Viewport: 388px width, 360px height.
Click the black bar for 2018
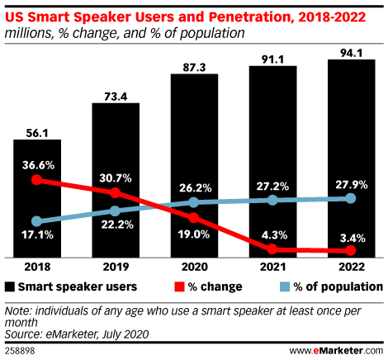click(37, 198)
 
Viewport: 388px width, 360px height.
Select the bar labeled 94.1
click(352, 159)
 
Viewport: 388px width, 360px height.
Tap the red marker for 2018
click(36, 180)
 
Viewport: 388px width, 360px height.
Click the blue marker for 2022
click(351, 198)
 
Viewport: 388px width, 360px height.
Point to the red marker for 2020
click(194, 218)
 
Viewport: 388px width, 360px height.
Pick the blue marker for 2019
click(115, 211)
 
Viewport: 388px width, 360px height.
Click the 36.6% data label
click(38, 165)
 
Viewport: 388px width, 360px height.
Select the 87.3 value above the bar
click(194, 68)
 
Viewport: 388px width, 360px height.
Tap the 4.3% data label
click(274, 235)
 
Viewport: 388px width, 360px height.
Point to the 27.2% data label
click(272, 187)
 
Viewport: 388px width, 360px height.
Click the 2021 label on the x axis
click(272, 267)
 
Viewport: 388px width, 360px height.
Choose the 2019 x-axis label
click(116, 267)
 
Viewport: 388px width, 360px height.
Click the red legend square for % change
click(179, 287)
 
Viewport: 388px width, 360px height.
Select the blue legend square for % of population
click(285, 287)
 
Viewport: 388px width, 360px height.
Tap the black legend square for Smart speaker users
click(10, 287)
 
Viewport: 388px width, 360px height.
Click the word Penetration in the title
click(249, 17)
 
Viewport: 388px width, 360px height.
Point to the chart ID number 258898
click(20, 351)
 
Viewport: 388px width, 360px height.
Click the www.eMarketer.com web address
click(336, 351)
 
